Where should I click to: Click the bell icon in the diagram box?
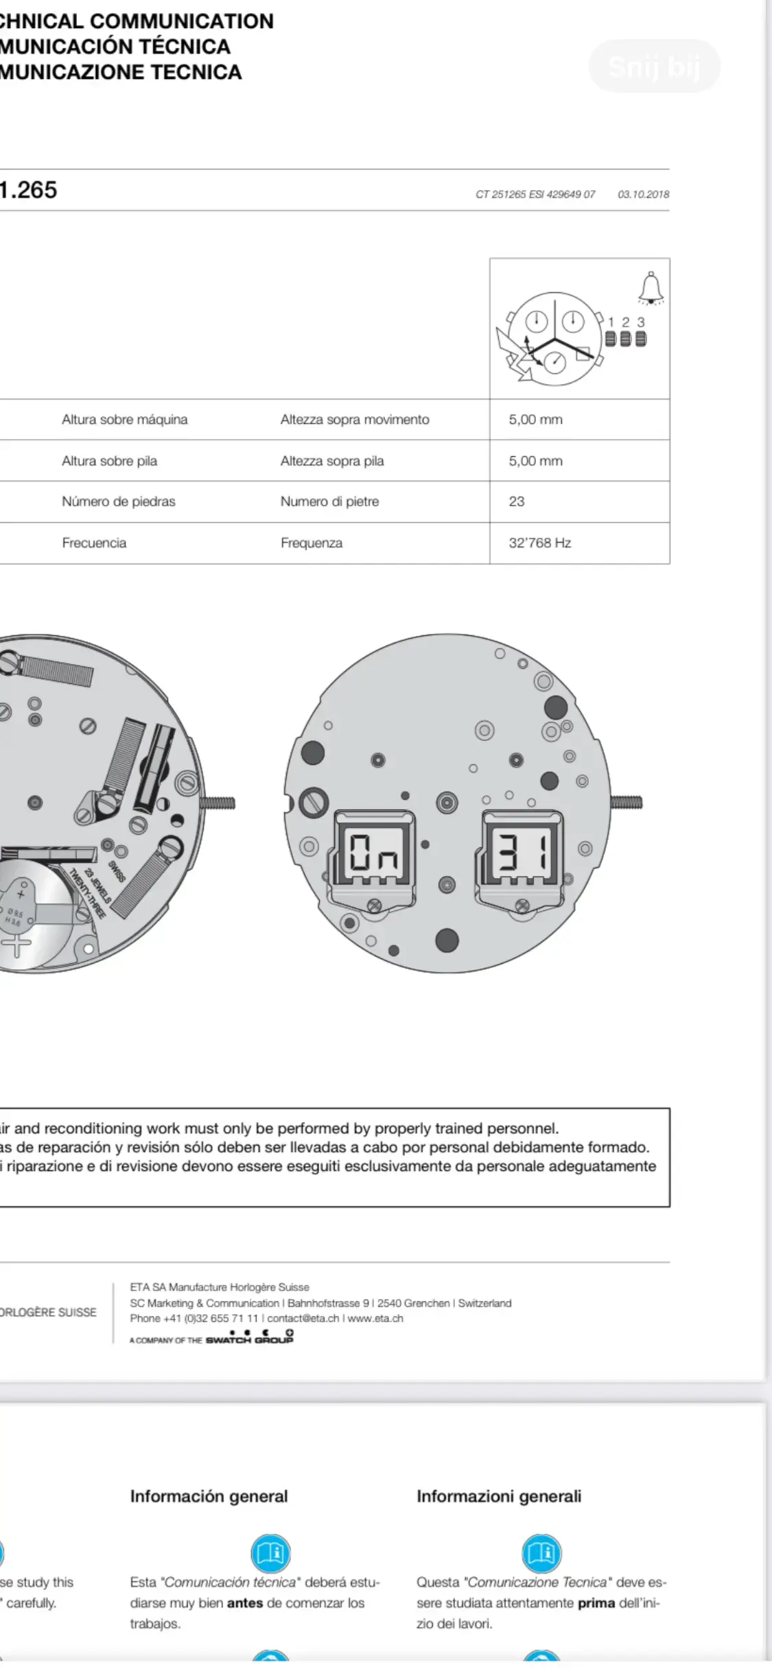[x=651, y=287]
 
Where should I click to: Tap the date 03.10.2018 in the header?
[x=643, y=194]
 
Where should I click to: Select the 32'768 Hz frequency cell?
[x=539, y=543]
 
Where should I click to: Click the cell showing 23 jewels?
[x=517, y=501]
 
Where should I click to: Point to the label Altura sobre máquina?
[x=124, y=419]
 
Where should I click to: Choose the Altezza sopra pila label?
[x=331, y=461]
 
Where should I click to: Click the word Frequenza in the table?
[x=311, y=543]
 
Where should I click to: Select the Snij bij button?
[x=654, y=67]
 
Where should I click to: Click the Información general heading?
[x=209, y=1496]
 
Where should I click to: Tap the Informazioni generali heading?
[x=499, y=1496]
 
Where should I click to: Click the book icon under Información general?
[x=271, y=1553]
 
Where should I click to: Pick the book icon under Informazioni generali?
[x=541, y=1553]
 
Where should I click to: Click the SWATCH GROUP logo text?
[x=249, y=1339]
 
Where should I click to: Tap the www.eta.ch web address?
[x=375, y=1318]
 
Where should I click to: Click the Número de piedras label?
[x=118, y=501]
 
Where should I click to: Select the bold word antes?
[x=245, y=1603]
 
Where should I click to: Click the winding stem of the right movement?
[x=626, y=802]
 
